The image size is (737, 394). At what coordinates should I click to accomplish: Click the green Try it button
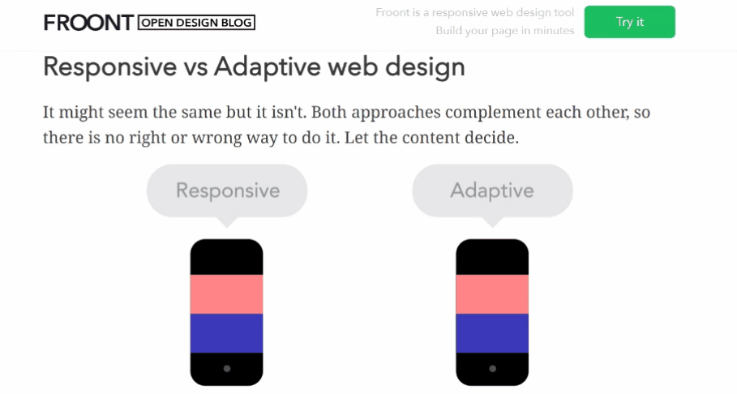coord(629,22)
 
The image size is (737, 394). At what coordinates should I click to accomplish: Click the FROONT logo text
coord(89,23)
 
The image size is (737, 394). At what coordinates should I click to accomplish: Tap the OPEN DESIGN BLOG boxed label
coord(196,23)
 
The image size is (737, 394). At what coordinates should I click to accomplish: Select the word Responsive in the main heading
coord(110,66)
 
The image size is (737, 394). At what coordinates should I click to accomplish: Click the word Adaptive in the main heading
coord(267,67)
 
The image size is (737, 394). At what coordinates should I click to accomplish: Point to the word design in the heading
coord(425,67)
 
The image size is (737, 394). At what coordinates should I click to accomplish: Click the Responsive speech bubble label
coord(228,191)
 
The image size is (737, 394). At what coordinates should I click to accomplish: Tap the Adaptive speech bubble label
coord(492,191)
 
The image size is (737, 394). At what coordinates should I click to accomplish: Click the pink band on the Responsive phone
coord(226,293)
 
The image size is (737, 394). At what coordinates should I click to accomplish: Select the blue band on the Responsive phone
coord(226,333)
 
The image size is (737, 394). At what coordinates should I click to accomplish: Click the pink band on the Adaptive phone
coord(492,293)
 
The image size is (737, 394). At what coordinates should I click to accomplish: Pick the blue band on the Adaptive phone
coord(492,333)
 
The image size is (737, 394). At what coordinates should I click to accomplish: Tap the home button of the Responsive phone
coord(227,369)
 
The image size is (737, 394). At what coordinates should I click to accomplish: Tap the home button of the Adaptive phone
coord(493,369)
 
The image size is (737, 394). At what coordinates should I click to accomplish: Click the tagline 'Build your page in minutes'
coord(505,31)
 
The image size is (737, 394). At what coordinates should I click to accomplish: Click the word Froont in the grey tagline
coord(392,13)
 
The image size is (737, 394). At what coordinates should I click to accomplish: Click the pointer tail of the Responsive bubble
coord(227,222)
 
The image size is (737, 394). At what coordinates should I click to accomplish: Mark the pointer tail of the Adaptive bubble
coord(493,222)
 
